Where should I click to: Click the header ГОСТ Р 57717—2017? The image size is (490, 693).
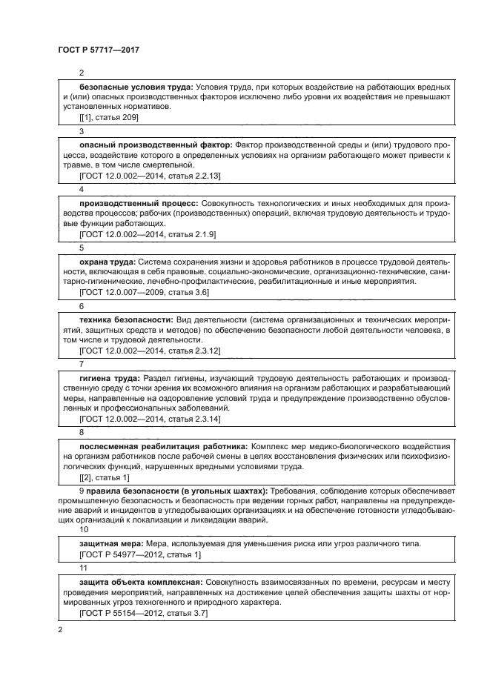[99, 49]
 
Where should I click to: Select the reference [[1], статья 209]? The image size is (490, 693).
[108, 117]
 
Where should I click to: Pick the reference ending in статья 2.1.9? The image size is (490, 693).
[147, 233]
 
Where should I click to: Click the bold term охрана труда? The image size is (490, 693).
[107, 261]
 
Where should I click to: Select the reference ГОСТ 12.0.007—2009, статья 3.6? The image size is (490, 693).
[144, 292]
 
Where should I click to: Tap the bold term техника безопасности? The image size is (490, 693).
[130, 319]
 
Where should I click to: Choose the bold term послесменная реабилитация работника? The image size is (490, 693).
[163, 446]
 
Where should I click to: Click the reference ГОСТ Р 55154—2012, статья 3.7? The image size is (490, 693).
[143, 613]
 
